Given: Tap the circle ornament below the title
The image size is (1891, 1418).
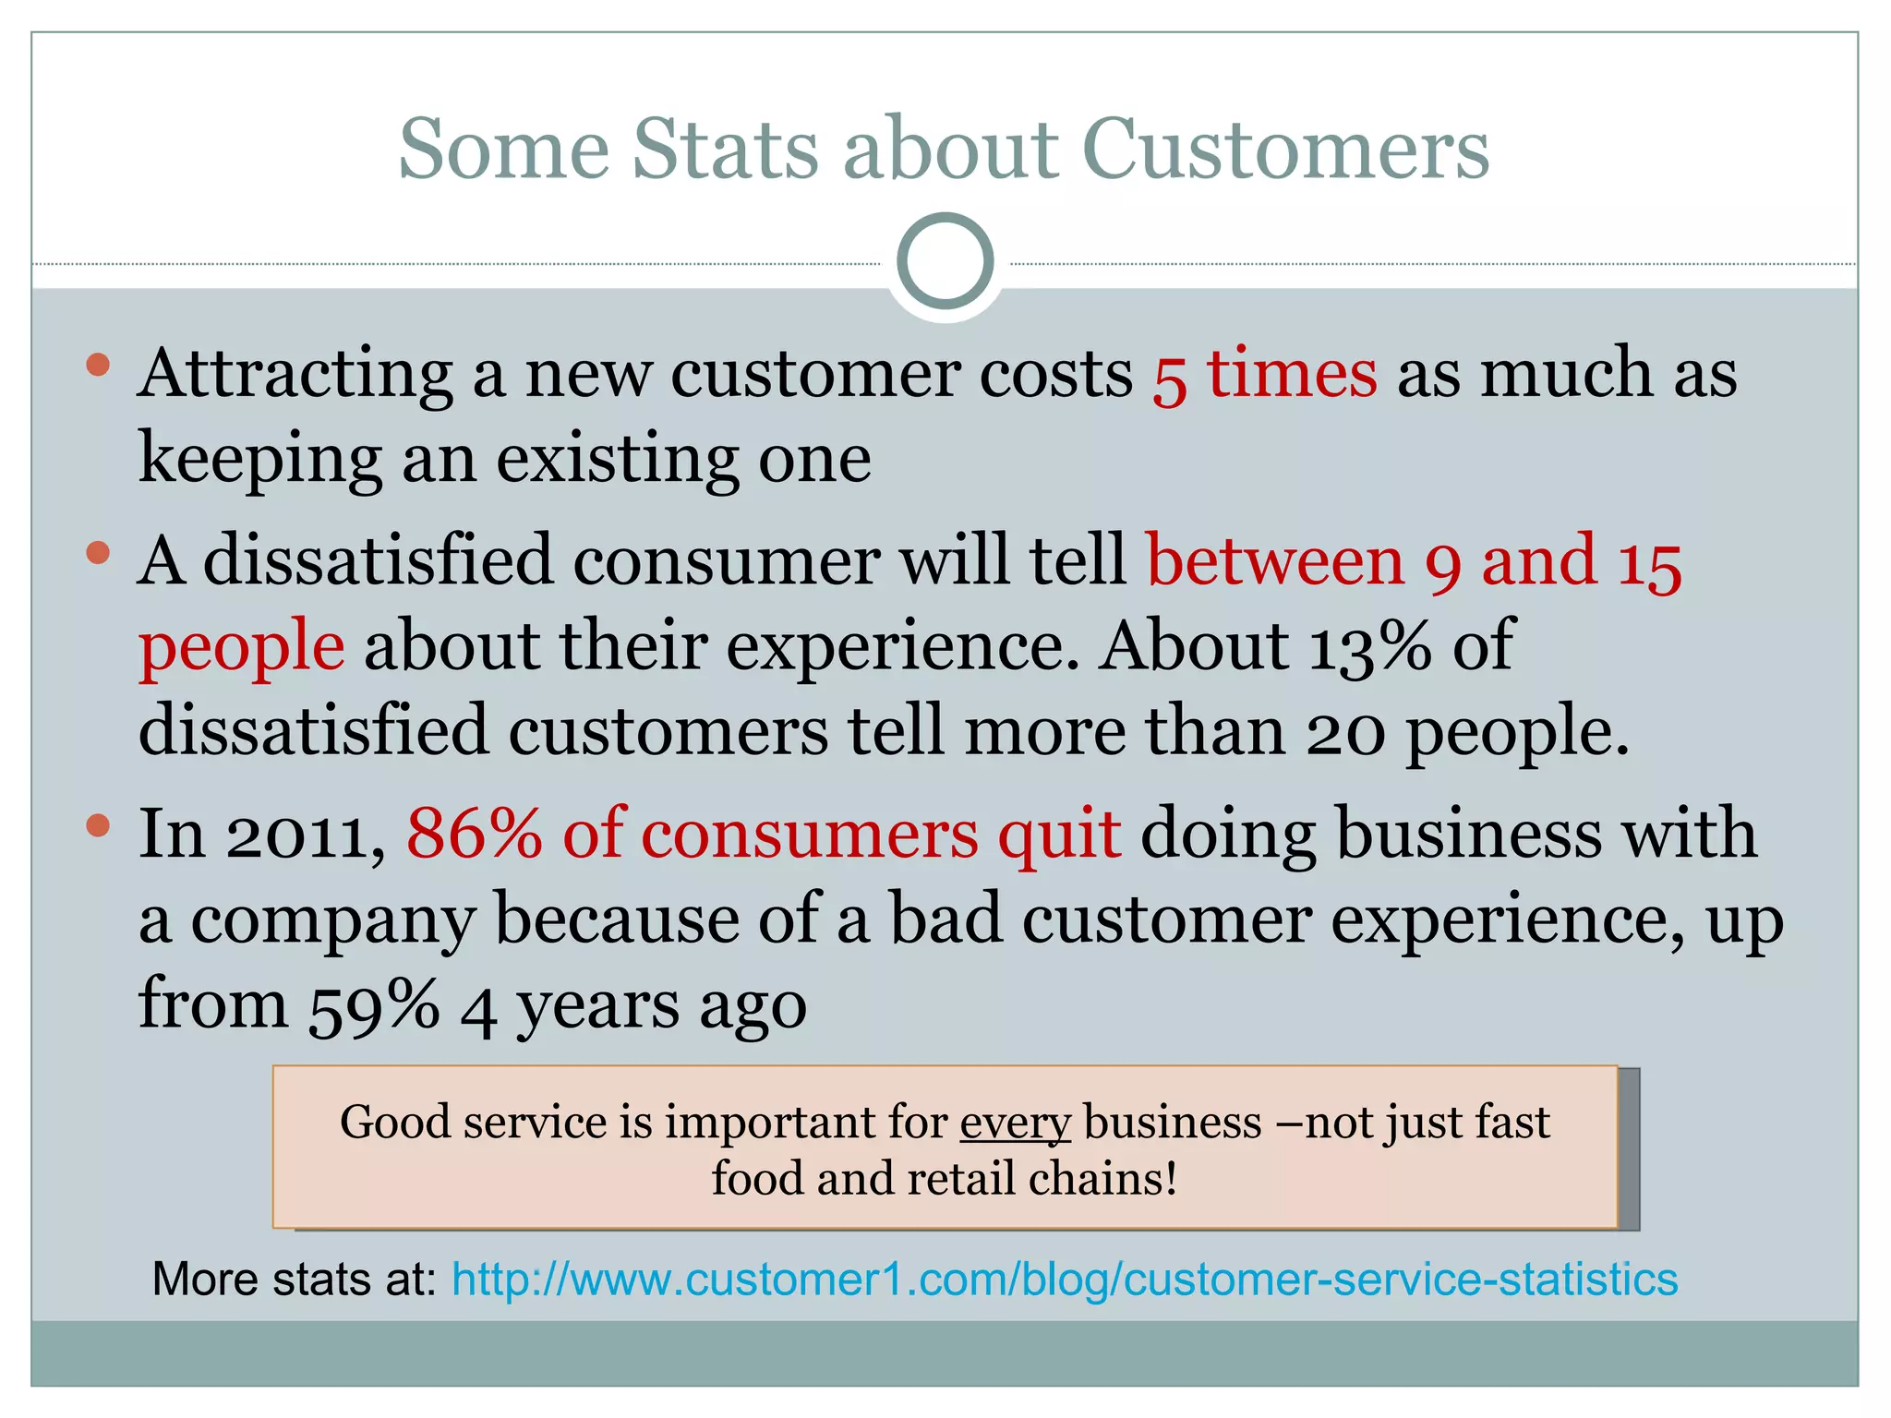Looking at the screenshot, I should (945, 261).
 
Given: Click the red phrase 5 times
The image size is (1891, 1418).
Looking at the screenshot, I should (1264, 374).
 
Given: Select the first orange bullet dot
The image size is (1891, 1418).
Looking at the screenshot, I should (98, 366).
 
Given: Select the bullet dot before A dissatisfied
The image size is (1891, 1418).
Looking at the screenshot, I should (98, 553).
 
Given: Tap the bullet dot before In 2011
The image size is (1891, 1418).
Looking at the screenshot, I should (98, 824).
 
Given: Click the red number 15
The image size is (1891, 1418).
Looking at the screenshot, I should (1649, 562).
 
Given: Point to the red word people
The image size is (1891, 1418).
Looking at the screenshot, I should (242, 647).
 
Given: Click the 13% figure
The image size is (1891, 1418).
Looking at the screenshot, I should (1370, 646).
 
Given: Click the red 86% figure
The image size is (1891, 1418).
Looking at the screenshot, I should (474, 834).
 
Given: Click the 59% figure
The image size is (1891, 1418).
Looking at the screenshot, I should (373, 1005).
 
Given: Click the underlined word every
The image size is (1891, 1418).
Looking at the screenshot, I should (1015, 1123).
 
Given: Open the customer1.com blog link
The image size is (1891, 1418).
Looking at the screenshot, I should (1064, 1280).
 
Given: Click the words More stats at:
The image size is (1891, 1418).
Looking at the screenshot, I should (294, 1280).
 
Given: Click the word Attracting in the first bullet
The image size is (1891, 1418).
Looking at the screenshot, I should (295, 374).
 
